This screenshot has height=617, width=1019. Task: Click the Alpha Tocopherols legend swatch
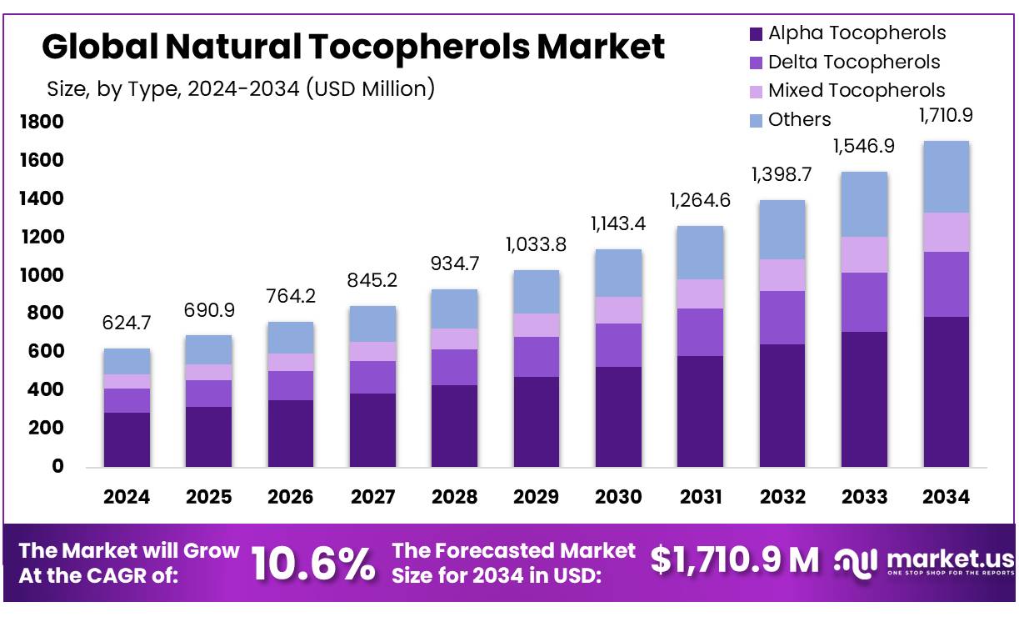(757, 34)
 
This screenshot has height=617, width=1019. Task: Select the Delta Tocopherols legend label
(853, 62)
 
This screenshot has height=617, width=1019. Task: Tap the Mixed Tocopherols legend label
(857, 90)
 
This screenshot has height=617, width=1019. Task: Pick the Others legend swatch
(757, 120)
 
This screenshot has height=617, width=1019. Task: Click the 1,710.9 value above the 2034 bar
(946, 116)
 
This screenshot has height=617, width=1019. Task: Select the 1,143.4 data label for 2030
(618, 223)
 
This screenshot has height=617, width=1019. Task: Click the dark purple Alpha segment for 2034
(946, 391)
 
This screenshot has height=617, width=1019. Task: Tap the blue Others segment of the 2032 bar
(782, 229)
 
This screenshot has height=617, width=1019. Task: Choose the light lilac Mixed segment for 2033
(864, 254)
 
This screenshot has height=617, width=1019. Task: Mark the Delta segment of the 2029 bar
(536, 357)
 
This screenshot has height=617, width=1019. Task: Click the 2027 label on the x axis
(372, 497)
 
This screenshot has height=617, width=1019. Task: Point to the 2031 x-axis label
(700, 497)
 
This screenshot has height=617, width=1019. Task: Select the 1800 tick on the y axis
(42, 123)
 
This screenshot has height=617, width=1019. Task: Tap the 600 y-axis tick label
(47, 352)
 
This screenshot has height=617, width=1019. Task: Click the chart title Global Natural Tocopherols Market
(353, 47)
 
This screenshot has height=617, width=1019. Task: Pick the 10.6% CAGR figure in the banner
(312, 564)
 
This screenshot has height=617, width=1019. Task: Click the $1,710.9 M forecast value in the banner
(734, 560)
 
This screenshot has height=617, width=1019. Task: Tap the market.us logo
(925, 561)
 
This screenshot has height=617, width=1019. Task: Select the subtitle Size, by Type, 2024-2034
(241, 88)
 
